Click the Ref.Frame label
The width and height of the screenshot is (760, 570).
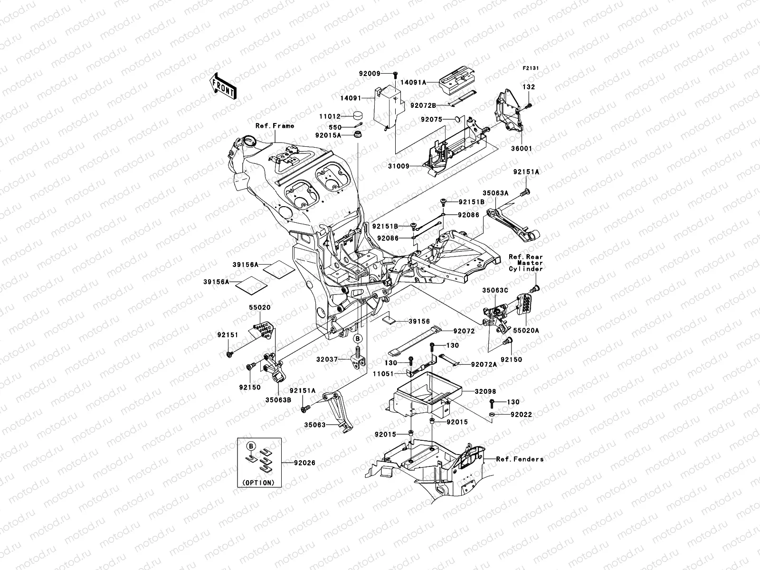275,126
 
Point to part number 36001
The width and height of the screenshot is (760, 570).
522,149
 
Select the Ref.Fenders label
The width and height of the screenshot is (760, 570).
520,459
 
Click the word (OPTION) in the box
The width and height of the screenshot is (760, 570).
258,483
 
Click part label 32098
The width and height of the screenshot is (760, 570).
484,392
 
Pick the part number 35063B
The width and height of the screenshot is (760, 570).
278,400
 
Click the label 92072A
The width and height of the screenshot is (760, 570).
484,364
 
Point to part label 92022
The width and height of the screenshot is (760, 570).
521,415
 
